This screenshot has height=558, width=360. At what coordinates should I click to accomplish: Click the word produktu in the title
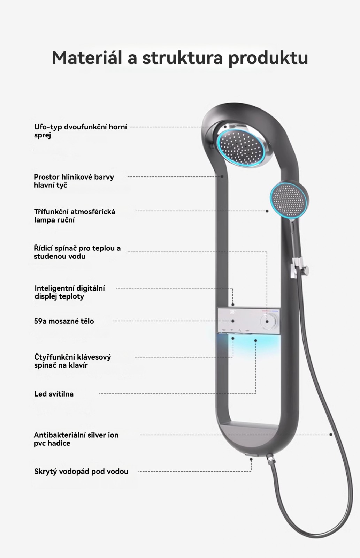(268, 58)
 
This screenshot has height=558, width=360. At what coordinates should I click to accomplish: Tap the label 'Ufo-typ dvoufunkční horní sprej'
(81, 131)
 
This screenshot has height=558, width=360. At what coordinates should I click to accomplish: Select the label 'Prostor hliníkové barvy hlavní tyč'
(74, 181)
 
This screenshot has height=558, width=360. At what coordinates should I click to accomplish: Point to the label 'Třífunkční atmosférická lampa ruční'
(75, 216)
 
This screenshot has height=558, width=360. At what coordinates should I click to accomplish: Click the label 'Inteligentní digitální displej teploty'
(70, 292)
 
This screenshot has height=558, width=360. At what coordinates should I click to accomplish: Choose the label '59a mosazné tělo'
(64, 321)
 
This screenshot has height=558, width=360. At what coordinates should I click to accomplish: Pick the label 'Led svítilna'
(54, 394)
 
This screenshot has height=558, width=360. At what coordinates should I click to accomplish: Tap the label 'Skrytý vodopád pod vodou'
(81, 471)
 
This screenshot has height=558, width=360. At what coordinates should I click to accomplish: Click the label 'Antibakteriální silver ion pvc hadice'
(76, 439)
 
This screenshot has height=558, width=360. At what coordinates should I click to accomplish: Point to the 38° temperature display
(232, 312)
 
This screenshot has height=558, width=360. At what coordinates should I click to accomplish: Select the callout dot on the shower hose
(331, 435)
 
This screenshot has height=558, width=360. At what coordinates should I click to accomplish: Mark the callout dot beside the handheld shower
(267, 211)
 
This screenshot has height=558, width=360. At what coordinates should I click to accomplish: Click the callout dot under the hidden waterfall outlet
(251, 459)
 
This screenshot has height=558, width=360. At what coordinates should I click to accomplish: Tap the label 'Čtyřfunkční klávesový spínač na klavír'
(72, 361)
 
